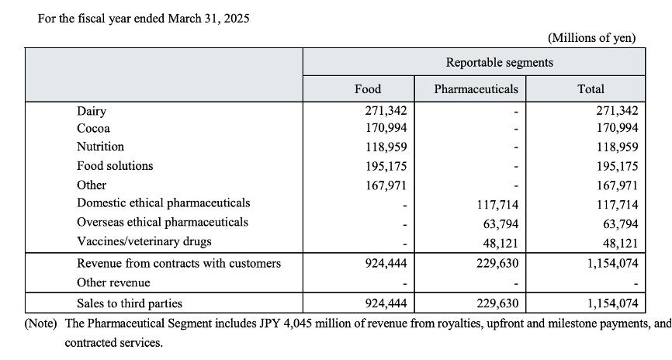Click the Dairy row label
pyautogui.click(x=92, y=111)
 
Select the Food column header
pyautogui.click(x=368, y=89)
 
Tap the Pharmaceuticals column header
pyautogui.click(x=476, y=89)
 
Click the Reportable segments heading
pyautogui.click(x=499, y=63)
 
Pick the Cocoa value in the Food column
pyautogui.click(x=386, y=128)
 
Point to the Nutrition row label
pyautogui.click(x=100, y=147)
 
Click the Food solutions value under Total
pyautogui.click(x=617, y=166)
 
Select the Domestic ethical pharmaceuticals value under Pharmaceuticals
pyautogui.click(x=497, y=205)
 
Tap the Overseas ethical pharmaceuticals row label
pyautogui.click(x=162, y=222)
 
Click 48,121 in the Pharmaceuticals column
pyautogui.click(x=501, y=244)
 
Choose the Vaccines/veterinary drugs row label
pyautogui.click(x=144, y=241)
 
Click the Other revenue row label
pyautogui.click(x=113, y=283)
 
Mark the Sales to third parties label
pyautogui.click(x=130, y=303)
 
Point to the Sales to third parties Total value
pyautogui.click(x=613, y=303)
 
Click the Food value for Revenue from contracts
pyautogui.click(x=386, y=263)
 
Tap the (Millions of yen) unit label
pyautogui.click(x=592, y=38)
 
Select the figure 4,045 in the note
pyautogui.click(x=297, y=324)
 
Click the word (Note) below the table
pyautogui.click(x=40, y=324)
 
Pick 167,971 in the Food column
pyautogui.click(x=386, y=185)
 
